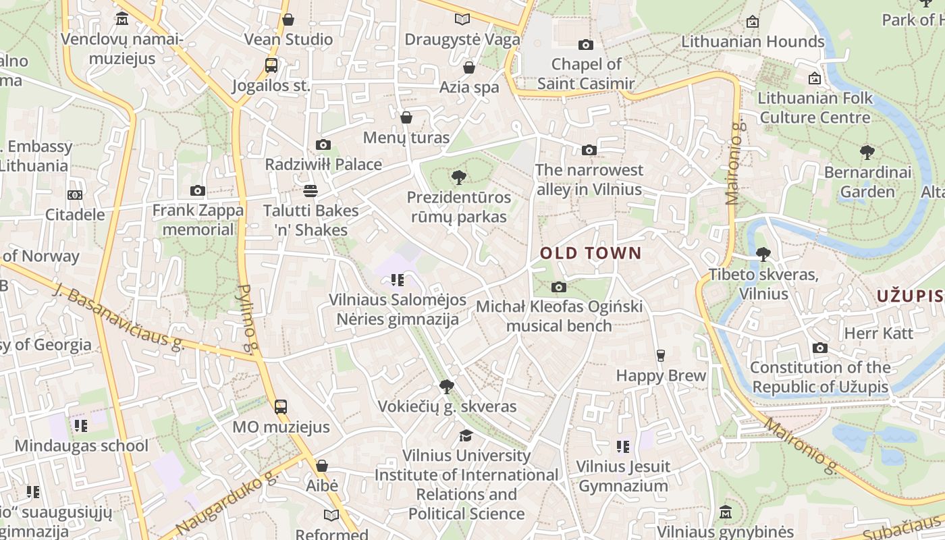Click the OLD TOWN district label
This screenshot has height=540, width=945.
pos(591,254)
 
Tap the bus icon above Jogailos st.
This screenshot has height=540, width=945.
pos(271,65)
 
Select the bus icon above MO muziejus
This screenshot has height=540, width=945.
pos(280,406)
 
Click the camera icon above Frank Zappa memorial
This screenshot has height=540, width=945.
pos(197,191)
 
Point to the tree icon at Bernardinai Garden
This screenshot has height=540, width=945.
pos(867,153)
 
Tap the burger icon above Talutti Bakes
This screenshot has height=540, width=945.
pos(310,191)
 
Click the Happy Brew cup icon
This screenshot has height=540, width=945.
pos(661,356)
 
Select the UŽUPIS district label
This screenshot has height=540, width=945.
pos(909,296)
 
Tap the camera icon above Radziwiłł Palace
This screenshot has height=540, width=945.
pos(323,144)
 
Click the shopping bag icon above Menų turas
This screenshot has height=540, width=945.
pos(406,118)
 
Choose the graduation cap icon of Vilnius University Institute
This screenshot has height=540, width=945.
pos(466,435)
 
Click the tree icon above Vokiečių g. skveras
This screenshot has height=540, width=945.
pos(446,387)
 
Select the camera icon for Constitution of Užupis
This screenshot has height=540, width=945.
pos(819,348)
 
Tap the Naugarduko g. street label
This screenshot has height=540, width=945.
pos(227,502)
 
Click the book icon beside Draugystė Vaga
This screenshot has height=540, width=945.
pos(462,20)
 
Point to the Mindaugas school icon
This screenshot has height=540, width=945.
pos(81,426)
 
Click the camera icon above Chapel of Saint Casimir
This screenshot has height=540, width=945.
pos(585,45)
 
